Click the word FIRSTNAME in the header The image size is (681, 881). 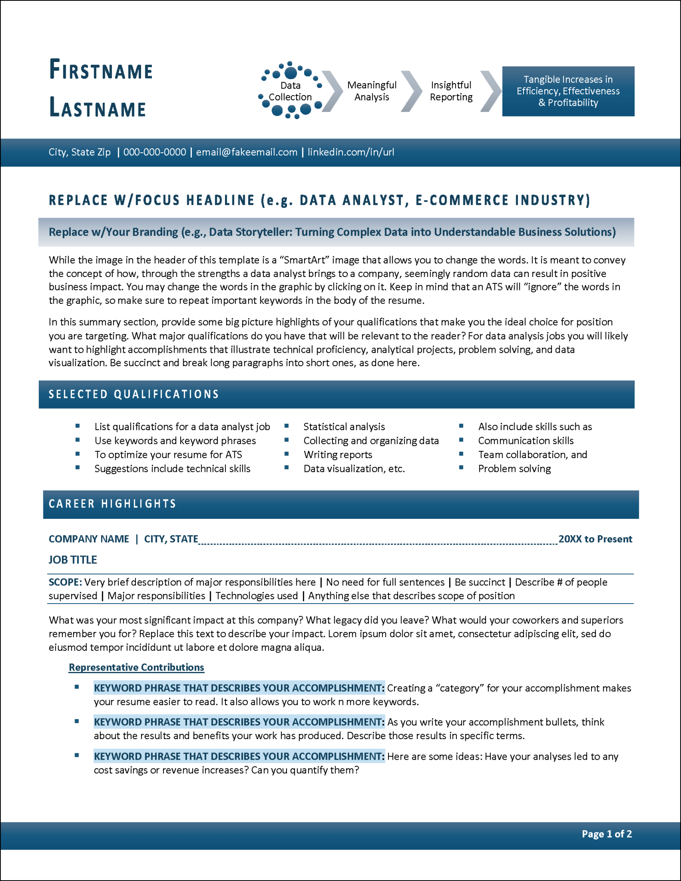[x=101, y=70]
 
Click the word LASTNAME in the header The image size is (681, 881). [x=98, y=108]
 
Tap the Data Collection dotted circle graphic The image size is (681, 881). [x=290, y=91]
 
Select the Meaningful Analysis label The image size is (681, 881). [x=372, y=91]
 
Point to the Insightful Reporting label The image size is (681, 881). [x=451, y=91]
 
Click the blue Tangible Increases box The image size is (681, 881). [x=568, y=91]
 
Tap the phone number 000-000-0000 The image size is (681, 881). [x=154, y=152]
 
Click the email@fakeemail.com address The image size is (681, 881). [x=247, y=152]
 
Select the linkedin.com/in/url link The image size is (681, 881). [x=351, y=152]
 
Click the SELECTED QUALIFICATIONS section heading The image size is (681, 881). [x=134, y=394]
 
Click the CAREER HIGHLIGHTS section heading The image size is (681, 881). [x=112, y=504]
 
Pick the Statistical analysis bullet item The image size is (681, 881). [x=344, y=427]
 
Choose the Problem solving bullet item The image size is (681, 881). [x=514, y=469]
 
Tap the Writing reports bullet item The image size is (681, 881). [x=338, y=455]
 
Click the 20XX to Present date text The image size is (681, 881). [x=595, y=539]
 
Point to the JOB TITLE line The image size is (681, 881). [x=73, y=560]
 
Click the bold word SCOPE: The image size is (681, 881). [x=65, y=582]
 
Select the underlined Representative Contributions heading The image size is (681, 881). [x=136, y=667]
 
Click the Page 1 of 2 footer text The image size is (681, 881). [x=607, y=834]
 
